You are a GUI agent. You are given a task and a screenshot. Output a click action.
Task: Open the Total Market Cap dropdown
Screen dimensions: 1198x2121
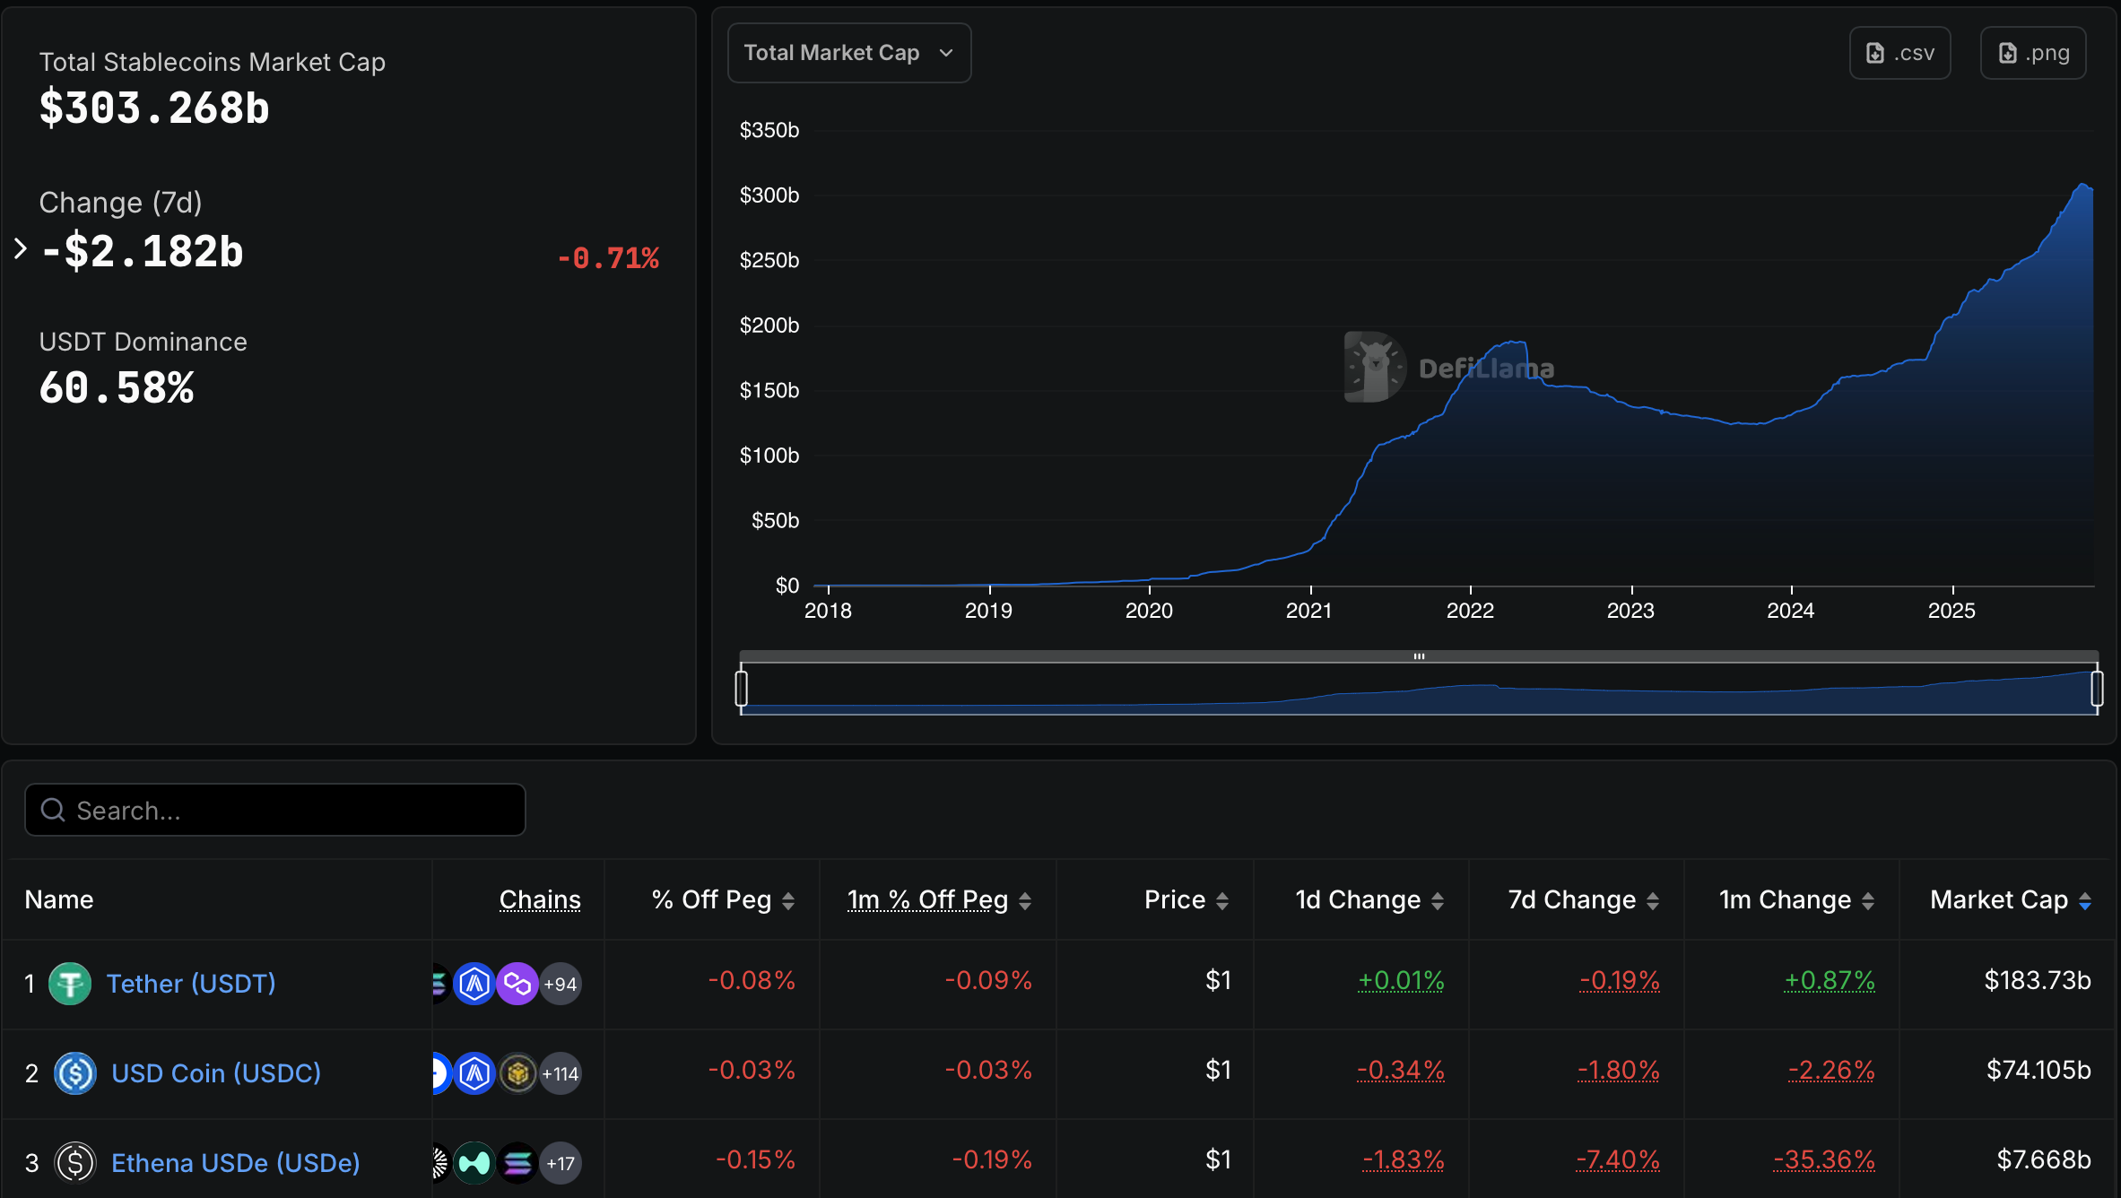pos(848,53)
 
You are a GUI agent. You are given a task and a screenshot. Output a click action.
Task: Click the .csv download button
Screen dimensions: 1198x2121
pos(1899,53)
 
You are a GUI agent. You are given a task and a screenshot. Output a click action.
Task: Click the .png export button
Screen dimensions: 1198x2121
pos(2032,53)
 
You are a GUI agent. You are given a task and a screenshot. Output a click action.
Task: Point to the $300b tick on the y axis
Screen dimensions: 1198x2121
pos(769,195)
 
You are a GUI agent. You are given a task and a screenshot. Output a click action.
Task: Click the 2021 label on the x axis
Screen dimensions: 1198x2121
pos(1308,611)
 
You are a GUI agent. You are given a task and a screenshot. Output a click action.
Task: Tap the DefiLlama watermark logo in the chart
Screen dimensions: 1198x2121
pos(1374,367)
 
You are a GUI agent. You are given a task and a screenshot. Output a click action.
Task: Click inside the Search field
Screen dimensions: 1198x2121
pos(287,810)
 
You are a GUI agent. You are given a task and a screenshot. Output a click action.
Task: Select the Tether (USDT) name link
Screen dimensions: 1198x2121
pos(191,984)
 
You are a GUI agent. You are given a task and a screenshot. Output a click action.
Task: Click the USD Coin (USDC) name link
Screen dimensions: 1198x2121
pos(216,1073)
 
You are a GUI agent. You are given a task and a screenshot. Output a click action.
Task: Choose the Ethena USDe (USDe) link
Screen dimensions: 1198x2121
pos(235,1163)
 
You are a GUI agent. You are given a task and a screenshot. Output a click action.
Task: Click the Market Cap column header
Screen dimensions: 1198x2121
pos(1999,899)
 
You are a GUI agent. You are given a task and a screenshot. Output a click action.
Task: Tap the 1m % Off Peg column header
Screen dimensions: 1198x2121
pos(928,899)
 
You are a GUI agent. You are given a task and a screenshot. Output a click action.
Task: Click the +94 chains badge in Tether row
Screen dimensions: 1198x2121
pos(561,984)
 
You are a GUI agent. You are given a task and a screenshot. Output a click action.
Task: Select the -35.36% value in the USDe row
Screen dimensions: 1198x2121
pos(1824,1159)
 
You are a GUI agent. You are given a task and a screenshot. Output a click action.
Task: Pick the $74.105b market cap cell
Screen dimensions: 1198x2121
pos(2038,1070)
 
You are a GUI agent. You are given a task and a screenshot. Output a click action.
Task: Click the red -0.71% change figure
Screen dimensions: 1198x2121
pos(608,258)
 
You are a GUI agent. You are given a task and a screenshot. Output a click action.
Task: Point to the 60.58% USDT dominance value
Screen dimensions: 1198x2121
pos(117,388)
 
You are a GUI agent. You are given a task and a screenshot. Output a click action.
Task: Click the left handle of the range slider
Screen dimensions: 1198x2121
pos(742,688)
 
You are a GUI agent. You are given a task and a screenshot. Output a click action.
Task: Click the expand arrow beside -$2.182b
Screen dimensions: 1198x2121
pos(21,249)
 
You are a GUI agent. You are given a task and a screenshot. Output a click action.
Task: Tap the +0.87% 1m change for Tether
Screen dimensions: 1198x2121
pos(1830,980)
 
